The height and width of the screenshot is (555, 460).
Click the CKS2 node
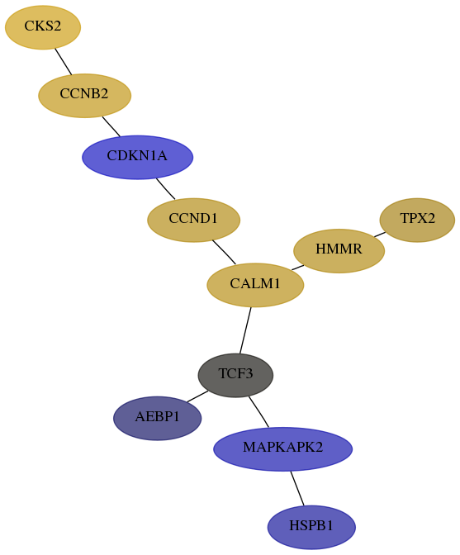tap(43, 27)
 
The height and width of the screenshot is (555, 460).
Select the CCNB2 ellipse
tap(84, 96)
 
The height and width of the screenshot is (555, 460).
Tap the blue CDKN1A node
tap(137, 157)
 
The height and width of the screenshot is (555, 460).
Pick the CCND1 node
tap(193, 221)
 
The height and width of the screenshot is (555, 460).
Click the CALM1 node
tap(255, 285)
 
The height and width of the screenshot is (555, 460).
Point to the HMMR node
tap(339, 250)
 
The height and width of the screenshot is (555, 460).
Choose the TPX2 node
tap(417, 220)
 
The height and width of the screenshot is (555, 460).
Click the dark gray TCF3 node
tap(235, 375)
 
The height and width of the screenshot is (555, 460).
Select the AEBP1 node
tap(158, 418)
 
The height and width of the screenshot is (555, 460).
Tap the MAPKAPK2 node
tap(282, 448)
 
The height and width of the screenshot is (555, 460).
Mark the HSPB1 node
tap(311, 527)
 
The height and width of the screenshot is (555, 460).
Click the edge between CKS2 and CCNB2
tap(64, 62)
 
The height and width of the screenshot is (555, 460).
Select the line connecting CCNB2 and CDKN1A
tap(111, 126)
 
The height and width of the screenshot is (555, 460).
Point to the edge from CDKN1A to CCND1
tap(166, 188)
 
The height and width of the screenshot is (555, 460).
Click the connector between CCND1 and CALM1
tap(224, 252)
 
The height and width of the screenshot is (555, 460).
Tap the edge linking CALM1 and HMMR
tap(297, 268)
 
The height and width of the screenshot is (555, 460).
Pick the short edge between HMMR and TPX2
tap(380, 235)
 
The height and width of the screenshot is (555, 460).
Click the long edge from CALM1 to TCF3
tap(245, 330)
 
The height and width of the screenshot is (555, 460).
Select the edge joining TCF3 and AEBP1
tap(197, 396)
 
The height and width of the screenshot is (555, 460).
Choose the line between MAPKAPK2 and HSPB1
tap(297, 488)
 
